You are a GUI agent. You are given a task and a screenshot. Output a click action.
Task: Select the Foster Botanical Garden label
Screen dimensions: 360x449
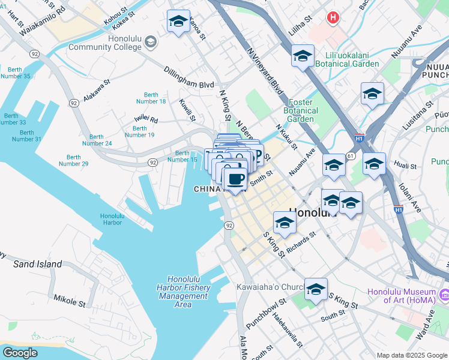(301, 111)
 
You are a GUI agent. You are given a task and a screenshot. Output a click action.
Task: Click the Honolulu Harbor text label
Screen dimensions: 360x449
(111, 219)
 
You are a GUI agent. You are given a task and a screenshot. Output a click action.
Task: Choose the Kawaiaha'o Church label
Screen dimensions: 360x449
(270, 287)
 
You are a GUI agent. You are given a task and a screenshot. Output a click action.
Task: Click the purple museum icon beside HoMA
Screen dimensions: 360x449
(445, 295)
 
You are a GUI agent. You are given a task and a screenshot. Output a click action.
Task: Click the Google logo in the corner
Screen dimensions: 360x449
(20, 352)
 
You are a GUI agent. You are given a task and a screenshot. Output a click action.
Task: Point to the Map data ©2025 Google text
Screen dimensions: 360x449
(411, 355)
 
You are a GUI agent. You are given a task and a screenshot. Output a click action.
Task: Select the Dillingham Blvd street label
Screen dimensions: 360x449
(189, 77)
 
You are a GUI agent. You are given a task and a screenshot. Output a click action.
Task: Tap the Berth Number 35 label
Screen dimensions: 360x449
(16, 72)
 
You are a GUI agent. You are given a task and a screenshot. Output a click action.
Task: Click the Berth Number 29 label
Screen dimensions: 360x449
(73, 160)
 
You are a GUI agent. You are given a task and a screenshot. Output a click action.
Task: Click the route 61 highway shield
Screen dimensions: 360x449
(350, 156)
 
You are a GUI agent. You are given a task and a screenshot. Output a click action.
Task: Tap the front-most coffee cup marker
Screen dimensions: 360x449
(235, 179)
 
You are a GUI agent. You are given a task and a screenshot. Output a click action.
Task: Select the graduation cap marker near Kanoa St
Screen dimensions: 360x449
(178, 22)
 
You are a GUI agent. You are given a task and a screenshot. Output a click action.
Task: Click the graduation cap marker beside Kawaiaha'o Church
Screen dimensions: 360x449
(316, 290)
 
